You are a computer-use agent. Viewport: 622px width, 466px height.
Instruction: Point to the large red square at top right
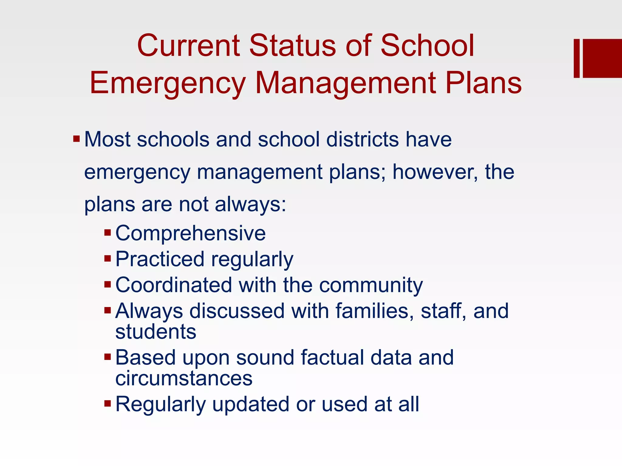point(602,58)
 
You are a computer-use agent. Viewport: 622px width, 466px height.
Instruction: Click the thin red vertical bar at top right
point(576,58)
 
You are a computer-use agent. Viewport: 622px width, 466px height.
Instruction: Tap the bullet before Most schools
point(76,140)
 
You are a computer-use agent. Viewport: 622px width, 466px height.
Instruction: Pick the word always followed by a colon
point(250,204)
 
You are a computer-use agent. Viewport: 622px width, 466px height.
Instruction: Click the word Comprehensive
point(190,233)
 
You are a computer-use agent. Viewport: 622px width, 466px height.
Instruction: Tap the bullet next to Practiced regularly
point(108,259)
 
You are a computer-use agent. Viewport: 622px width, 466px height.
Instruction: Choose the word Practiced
point(160,259)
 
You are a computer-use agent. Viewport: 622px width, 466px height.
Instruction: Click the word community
point(371,286)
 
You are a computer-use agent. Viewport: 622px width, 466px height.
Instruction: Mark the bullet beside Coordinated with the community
point(108,285)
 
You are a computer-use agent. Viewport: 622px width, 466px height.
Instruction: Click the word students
point(156,332)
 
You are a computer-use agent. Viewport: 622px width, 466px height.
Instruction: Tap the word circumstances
point(184,378)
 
